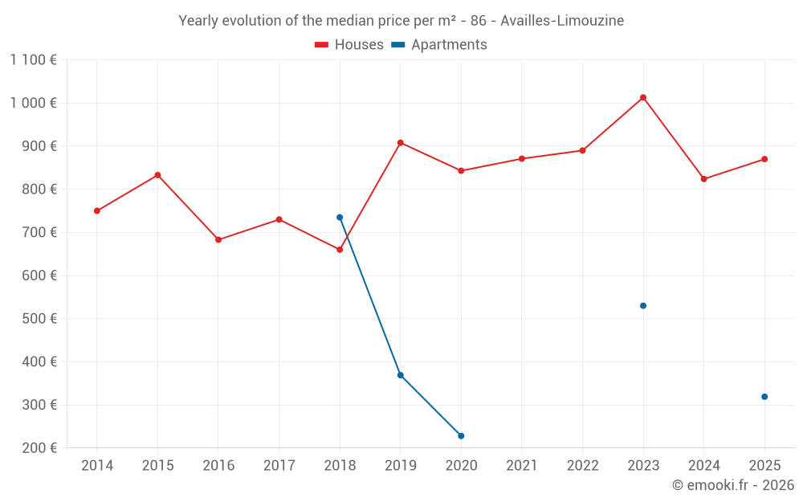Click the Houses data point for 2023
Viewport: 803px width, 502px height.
click(x=643, y=97)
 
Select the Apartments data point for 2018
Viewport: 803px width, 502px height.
click(x=340, y=217)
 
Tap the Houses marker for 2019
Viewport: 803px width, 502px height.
click(x=400, y=143)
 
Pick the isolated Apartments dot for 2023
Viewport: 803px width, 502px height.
click(x=643, y=305)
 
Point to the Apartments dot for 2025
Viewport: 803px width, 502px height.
click(x=764, y=397)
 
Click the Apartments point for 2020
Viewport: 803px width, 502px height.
click(x=461, y=436)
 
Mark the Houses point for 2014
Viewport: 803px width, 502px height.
click(x=97, y=210)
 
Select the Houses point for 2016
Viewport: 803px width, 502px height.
click(x=218, y=239)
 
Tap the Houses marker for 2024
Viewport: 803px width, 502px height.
click(x=704, y=179)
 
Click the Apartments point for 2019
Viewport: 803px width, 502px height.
click(x=400, y=375)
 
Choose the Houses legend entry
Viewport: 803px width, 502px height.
click(x=349, y=45)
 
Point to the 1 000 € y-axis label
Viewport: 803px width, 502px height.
click(x=34, y=103)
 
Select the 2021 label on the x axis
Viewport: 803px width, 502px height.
click(x=522, y=466)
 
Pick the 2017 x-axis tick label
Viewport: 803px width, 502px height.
click(x=279, y=466)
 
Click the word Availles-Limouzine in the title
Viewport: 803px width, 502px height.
click(x=562, y=21)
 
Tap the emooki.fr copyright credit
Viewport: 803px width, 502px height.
click(x=733, y=485)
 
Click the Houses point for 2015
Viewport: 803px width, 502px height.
click(x=157, y=175)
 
